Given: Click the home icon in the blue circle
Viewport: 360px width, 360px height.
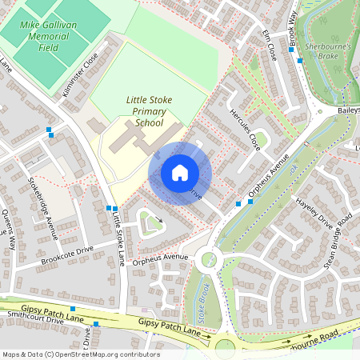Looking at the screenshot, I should click(x=180, y=172).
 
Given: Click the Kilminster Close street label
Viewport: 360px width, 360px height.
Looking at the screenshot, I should click(x=79, y=75).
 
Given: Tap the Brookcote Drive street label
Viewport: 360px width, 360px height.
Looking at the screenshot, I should click(x=67, y=255).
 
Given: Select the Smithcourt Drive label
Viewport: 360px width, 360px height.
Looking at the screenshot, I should click(x=35, y=319).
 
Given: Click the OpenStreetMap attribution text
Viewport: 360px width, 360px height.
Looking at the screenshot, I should click(x=80, y=354).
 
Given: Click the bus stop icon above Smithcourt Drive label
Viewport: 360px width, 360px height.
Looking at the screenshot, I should click(x=73, y=309).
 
